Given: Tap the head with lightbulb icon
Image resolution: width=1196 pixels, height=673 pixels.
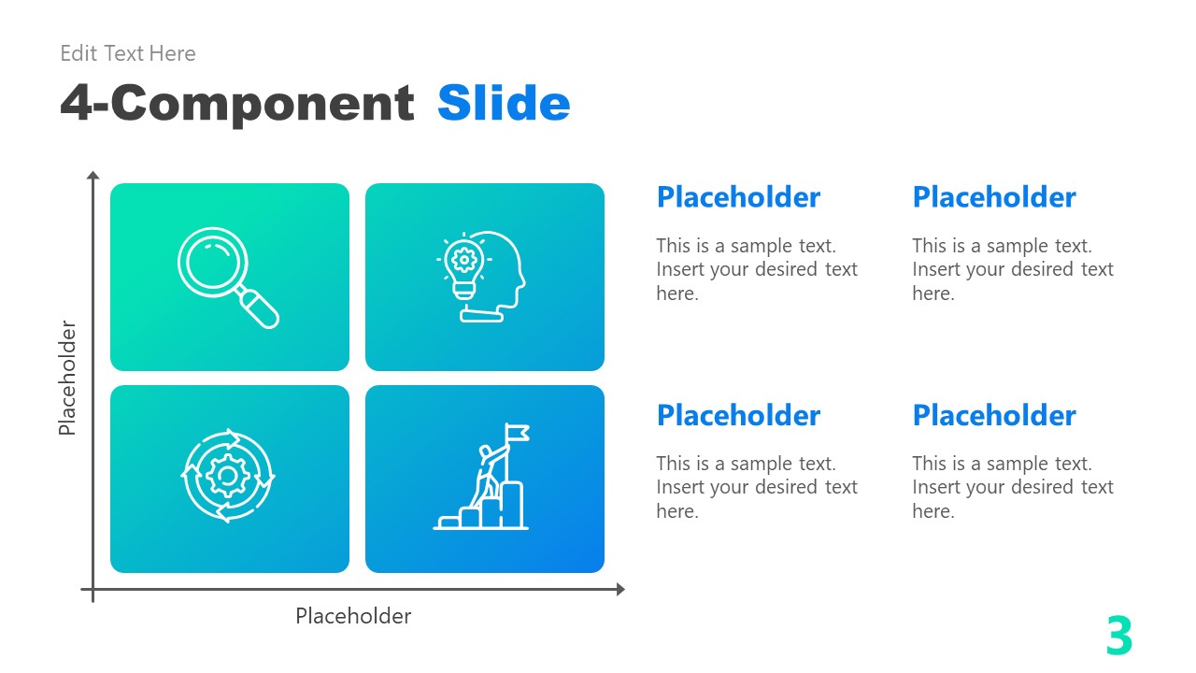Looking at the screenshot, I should [481, 277].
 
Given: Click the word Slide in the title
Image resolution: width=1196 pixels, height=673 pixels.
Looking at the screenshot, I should [504, 103].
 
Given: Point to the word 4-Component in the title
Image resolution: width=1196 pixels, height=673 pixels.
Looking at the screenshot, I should [237, 103].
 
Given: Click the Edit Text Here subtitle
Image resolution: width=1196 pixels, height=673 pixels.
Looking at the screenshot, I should [128, 53].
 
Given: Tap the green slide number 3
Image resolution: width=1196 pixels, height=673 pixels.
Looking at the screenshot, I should [1118, 637].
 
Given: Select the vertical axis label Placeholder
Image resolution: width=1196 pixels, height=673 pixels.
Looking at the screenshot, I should [67, 378].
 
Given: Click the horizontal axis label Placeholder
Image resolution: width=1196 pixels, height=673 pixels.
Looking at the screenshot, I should [353, 616].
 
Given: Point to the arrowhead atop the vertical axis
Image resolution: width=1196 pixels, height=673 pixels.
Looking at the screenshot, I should [93, 176].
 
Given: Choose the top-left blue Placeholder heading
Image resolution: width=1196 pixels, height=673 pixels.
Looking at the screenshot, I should [738, 197].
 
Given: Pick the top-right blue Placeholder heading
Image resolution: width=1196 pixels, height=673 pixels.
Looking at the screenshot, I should [994, 197].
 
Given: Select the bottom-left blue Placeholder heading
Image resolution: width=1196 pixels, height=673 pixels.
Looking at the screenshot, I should [738, 415].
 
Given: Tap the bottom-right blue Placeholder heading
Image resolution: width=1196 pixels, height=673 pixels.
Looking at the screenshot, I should [994, 415].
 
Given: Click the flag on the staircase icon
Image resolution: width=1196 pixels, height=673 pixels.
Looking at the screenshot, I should [518, 432].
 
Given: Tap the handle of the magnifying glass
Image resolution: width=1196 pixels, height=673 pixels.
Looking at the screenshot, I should [259, 308].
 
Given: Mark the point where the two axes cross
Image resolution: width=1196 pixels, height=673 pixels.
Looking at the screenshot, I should [93, 590].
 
